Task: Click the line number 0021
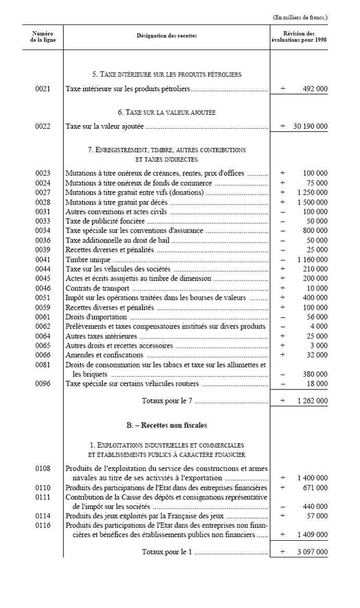[x=43, y=89]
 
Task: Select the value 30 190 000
[x=310, y=126]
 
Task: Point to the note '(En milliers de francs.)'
[x=300, y=17]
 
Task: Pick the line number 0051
[x=43, y=298]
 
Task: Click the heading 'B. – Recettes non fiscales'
[x=167, y=425]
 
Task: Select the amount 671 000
[x=315, y=488]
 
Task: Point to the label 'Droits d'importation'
[x=96, y=317]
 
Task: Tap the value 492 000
[x=315, y=89]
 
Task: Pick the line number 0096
[x=43, y=384]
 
